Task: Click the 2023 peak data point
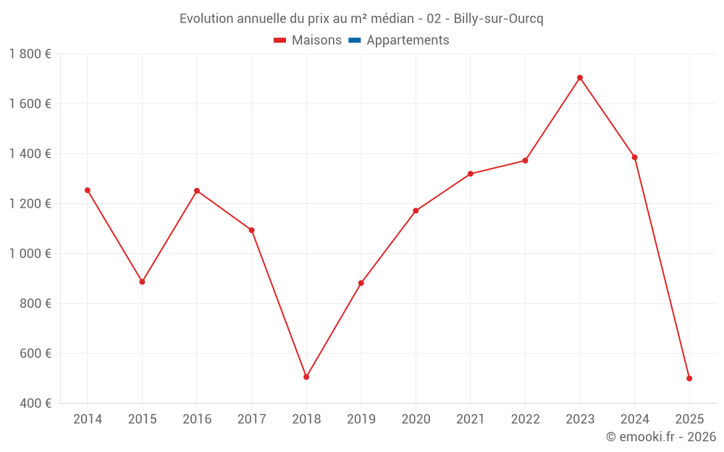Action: pyautogui.click(x=580, y=77)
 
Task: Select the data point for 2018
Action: pyautogui.click(x=306, y=377)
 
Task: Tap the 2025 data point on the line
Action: pyautogui.click(x=689, y=378)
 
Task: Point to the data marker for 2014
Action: pyautogui.click(x=88, y=190)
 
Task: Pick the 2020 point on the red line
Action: pyautogui.click(x=416, y=210)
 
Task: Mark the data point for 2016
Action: pyautogui.click(x=197, y=191)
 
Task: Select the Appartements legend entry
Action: pyautogui.click(x=408, y=40)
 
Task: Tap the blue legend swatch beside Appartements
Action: pyautogui.click(x=354, y=40)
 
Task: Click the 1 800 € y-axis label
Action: pyautogui.click(x=30, y=54)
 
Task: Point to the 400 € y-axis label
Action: pyautogui.click(x=35, y=403)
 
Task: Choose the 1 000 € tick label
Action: pyautogui.click(x=30, y=253)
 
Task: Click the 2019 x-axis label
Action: pyautogui.click(x=361, y=419)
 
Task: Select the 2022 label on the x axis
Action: pyautogui.click(x=525, y=419)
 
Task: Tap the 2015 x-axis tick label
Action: pyautogui.click(x=142, y=419)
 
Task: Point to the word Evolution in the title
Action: pyautogui.click(x=206, y=19)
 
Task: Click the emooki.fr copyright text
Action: pyautogui.click(x=660, y=437)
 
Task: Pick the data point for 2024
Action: pyautogui.click(x=634, y=157)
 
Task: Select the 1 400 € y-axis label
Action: pyautogui.click(x=30, y=153)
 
